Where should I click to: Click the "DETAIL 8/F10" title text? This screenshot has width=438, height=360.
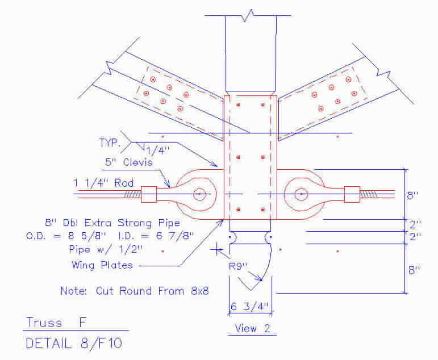pyautogui.click(x=74, y=343)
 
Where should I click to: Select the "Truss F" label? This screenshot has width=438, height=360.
pyautogui.click(x=56, y=323)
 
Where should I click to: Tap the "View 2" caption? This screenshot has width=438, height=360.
pyautogui.click(x=252, y=328)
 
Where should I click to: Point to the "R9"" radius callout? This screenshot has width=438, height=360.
pyautogui.click(x=238, y=266)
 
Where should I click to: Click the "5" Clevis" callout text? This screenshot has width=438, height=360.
pyautogui.click(x=129, y=162)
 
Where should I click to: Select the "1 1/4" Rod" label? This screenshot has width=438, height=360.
pyautogui.click(x=103, y=183)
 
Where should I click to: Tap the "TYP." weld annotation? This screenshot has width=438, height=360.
pyautogui.click(x=110, y=143)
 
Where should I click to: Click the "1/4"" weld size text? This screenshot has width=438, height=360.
pyautogui.click(x=158, y=151)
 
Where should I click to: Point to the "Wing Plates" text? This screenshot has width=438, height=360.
pyautogui.click(x=102, y=265)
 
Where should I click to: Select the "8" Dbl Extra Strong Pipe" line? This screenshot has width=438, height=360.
pyautogui.click(x=112, y=223)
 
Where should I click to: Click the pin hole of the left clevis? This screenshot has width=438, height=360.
pyautogui.click(x=199, y=194)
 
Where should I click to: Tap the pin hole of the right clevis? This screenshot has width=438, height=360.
pyautogui.click(x=301, y=194)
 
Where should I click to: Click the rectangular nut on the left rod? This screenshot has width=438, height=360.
pyautogui.click(x=149, y=194)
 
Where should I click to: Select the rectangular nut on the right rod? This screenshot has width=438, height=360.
pyautogui.click(x=352, y=194)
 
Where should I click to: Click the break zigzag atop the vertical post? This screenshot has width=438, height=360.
pyautogui.click(x=248, y=15)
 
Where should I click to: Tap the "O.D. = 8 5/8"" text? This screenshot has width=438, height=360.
pyautogui.click(x=66, y=236)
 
